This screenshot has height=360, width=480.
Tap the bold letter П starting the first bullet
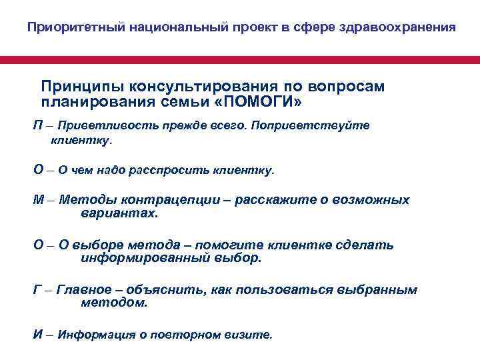38,125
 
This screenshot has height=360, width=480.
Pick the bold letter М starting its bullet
39,200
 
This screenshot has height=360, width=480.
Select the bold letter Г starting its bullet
37,290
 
